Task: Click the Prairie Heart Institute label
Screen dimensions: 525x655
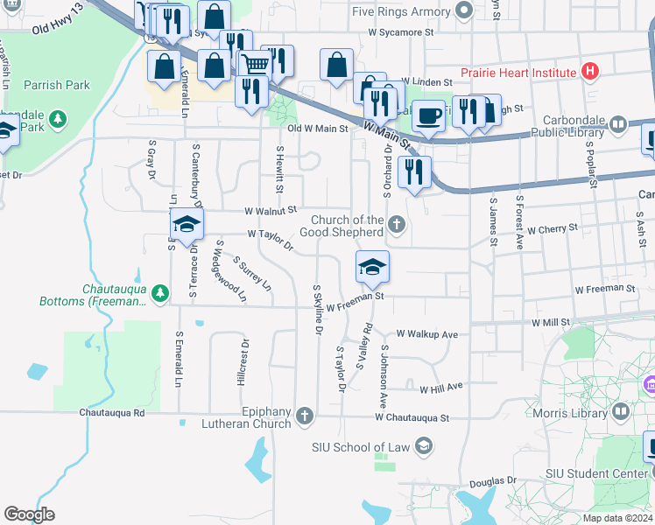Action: click(x=519, y=72)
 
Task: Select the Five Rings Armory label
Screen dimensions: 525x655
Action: click(x=401, y=11)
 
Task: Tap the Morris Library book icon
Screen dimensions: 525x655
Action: click(x=621, y=410)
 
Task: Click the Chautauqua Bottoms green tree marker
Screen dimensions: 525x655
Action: click(x=159, y=291)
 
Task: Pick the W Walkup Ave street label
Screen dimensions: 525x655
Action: click(x=427, y=334)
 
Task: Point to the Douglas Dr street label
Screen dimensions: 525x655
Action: click(x=492, y=482)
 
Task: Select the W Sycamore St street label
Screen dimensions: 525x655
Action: click(x=401, y=31)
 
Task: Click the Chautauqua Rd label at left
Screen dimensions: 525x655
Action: click(x=111, y=411)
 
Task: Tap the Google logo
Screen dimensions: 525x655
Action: click(x=29, y=514)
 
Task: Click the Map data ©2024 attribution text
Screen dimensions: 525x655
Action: click(x=616, y=518)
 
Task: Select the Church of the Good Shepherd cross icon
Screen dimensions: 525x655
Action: click(x=397, y=225)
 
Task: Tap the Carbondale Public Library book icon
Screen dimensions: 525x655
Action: click(x=618, y=124)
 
